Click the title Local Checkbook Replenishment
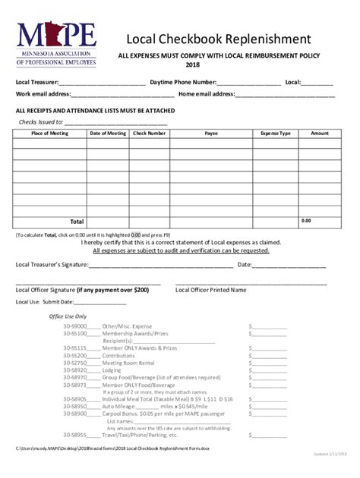(218, 39)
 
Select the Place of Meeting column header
(49, 134)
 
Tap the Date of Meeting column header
(108, 134)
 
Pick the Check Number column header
(149, 134)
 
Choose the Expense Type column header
(276, 134)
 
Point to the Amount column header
(320, 134)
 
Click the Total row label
(77, 222)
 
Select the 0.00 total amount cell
(306, 221)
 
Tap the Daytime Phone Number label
(183, 82)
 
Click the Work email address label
(43, 94)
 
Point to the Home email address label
(206, 94)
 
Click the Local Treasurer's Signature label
(52, 265)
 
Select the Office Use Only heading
(68, 316)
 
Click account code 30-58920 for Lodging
(75, 370)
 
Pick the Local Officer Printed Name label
(210, 290)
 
